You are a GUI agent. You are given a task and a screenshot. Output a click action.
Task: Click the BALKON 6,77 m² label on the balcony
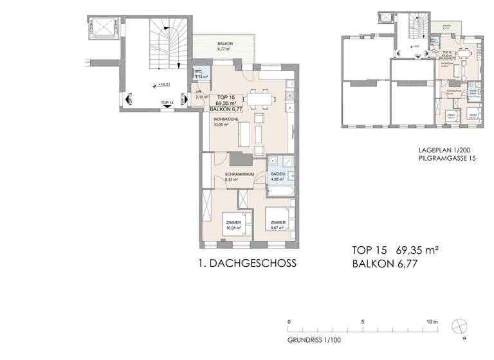click(x=225, y=46)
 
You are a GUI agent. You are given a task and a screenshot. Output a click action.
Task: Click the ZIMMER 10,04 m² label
click(x=233, y=224)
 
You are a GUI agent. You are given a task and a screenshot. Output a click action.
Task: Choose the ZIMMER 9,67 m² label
click(x=278, y=224)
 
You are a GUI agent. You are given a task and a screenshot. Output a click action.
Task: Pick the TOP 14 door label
click(x=167, y=103)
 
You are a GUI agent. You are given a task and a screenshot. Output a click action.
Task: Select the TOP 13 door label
click(x=131, y=100)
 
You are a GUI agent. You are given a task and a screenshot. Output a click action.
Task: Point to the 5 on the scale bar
click(x=363, y=321)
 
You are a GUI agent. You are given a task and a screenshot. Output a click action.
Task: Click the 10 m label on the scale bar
click(x=431, y=321)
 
